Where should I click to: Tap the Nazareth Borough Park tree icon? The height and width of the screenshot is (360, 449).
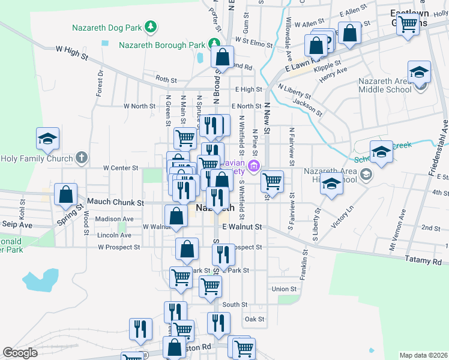coord(212,44)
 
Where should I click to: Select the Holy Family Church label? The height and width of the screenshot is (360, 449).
coord(37,159)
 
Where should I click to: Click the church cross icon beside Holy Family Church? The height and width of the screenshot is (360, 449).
coord(82,159)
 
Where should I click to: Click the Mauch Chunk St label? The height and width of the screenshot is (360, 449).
coord(115,203)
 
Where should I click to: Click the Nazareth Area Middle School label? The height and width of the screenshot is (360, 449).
coord(385,85)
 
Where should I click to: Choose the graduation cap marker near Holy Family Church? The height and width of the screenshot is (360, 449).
coord(47,139)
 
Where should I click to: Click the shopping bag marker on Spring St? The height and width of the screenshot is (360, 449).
coord(66,194)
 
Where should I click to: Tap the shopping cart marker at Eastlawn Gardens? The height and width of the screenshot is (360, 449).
coord(408,25)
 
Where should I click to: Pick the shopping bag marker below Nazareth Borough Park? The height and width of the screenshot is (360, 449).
coord(222,58)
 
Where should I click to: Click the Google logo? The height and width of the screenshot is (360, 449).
coord(20,353)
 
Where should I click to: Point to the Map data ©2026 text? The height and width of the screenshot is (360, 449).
coord(423,355)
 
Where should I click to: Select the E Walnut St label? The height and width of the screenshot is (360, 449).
coord(243,227)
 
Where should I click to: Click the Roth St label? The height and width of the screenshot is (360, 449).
coord(166,79)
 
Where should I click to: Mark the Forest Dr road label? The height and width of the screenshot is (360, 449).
coord(100,83)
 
